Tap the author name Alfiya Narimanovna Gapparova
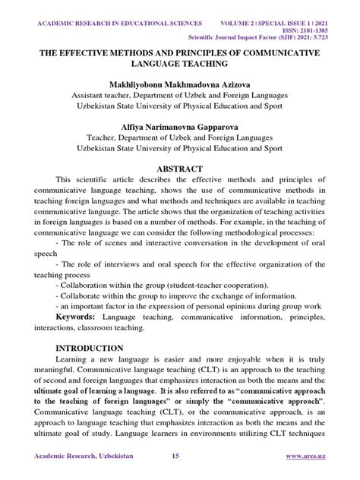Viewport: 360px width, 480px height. coord(180,126)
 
